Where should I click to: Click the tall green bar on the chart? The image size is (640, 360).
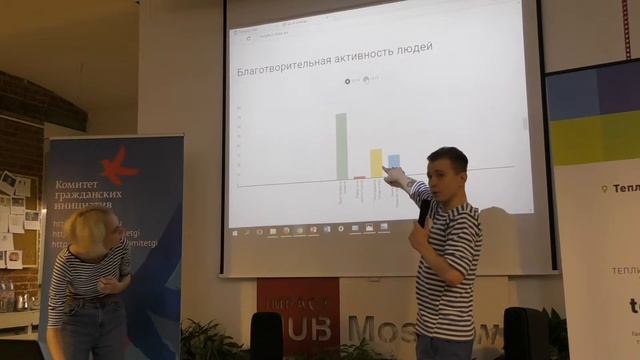pos(341,146)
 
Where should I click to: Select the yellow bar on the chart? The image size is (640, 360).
pos(376,163)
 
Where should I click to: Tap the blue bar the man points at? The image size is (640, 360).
pos(394,161)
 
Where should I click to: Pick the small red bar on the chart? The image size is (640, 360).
pos(359,177)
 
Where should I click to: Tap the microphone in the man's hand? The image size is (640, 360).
pos(425,211)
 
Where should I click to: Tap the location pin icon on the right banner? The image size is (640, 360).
pos(605,188)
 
